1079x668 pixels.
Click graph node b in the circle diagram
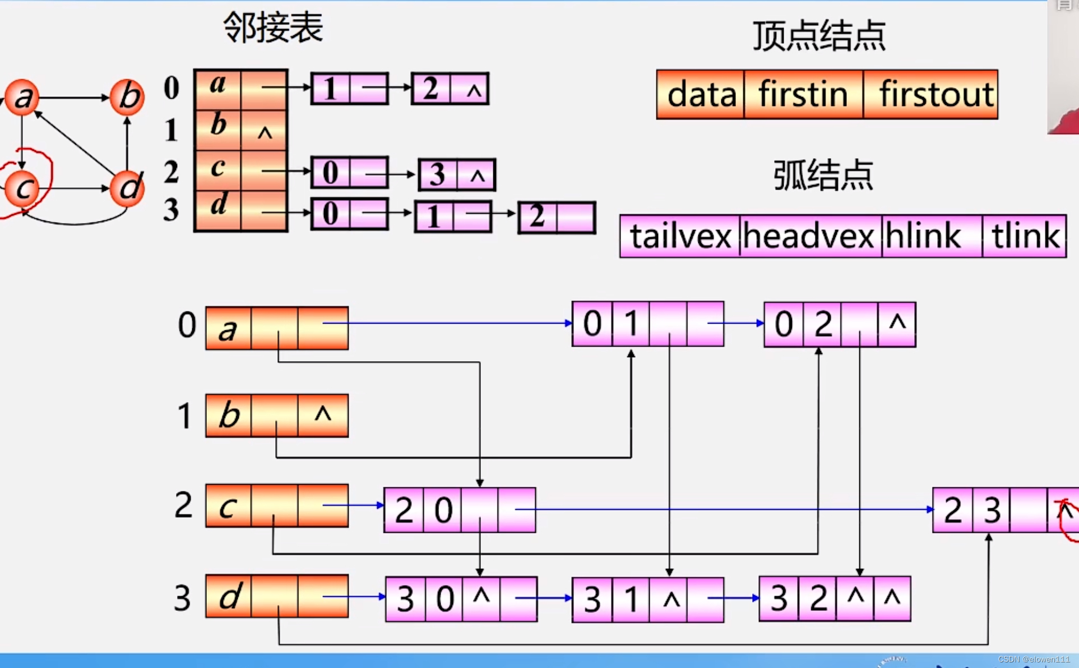(127, 96)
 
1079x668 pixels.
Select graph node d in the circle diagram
(127, 188)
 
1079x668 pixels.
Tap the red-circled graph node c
(22, 188)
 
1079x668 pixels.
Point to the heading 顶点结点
(819, 36)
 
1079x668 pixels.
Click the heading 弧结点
(823, 175)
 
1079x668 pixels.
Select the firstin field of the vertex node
(803, 94)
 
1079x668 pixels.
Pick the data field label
(701, 94)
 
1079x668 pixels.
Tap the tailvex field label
(680, 236)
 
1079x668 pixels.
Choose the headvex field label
(809, 236)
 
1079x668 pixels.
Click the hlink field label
(923, 236)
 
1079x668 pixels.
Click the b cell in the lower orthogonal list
(229, 416)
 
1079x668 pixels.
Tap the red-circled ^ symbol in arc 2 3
(1065, 511)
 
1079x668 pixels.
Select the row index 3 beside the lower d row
(182, 598)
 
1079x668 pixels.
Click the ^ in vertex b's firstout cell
(323, 414)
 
